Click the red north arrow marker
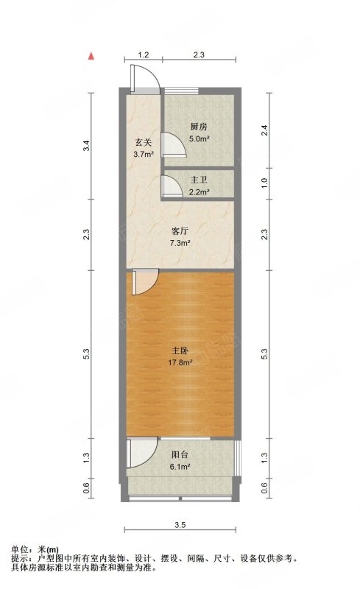click(91, 57)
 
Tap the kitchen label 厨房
click(199, 127)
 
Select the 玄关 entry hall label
click(143, 143)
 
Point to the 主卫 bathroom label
click(200, 180)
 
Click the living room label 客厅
click(180, 231)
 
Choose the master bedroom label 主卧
click(180, 351)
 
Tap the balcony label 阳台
click(180, 455)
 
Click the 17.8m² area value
click(180, 363)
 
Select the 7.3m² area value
click(180, 243)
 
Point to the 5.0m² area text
click(200, 139)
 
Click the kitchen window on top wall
click(182, 90)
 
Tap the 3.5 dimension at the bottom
click(180, 525)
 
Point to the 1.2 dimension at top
click(143, 54)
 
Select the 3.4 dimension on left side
click(87, 146)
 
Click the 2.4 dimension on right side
click(264, 130)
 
